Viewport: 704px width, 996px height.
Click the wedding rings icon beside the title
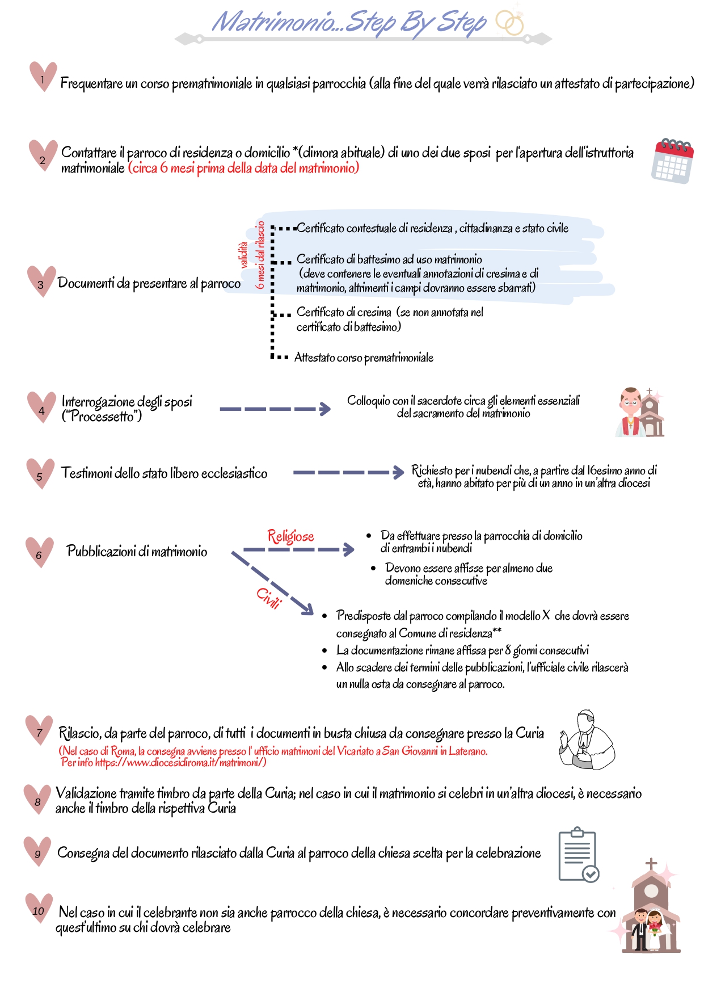509,23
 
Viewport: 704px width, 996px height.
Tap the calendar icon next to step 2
673,161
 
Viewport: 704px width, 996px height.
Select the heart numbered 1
43,76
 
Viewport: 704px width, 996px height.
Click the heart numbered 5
40,473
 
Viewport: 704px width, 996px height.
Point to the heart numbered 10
39,907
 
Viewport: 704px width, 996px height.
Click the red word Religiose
290,536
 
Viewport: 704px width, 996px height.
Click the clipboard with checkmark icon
579,855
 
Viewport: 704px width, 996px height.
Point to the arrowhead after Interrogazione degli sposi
325,409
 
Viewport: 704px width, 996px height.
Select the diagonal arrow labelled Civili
273,583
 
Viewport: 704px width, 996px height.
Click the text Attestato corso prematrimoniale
364,358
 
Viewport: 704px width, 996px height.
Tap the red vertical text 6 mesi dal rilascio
260,255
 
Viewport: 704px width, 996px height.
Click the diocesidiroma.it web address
180,762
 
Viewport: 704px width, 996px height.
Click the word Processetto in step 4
102,417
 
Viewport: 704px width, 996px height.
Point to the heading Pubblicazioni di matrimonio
137,551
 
